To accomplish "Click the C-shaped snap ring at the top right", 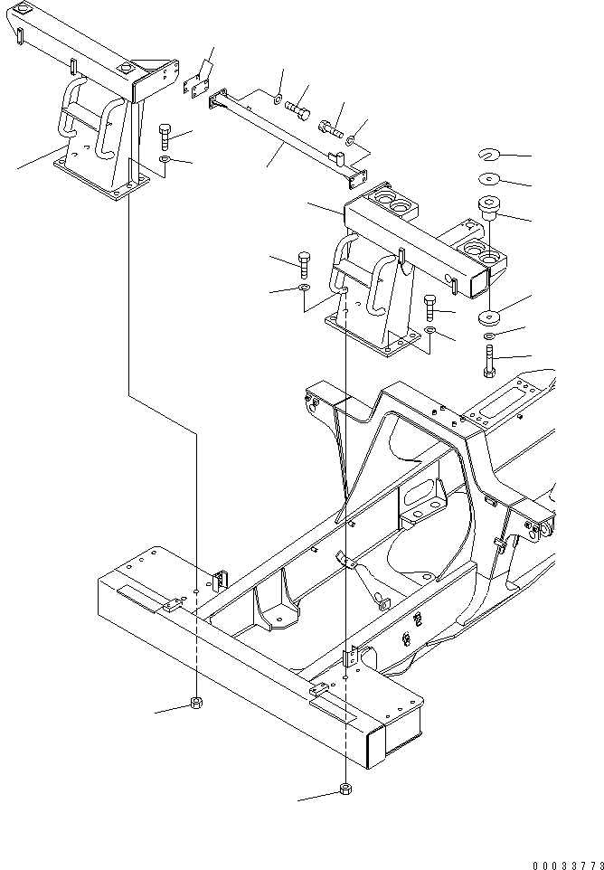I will [x=489, y=153].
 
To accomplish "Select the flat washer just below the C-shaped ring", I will [x=489, y=177].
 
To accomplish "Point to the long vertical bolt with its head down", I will [x=489, y=363].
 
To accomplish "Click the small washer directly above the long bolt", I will [x=489, y=336].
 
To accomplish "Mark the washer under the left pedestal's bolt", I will [x=164, y=159].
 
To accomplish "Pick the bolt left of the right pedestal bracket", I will [x=303, y=266].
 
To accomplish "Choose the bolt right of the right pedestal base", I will [x=430, y=307].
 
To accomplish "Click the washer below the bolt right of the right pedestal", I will [x=430, y=334].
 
